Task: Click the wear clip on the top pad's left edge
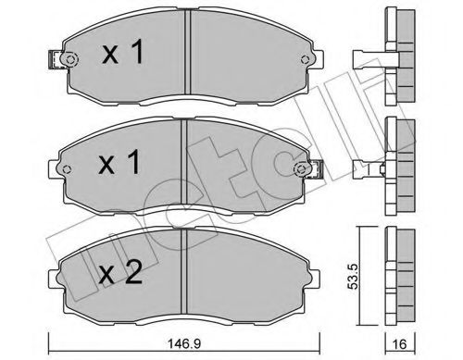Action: pyautogui.click(x=66, y=61)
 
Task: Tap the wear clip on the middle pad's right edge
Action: pyautogui.click(x=305, y=171)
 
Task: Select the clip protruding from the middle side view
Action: pyautogui.click(x=369, y=168)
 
